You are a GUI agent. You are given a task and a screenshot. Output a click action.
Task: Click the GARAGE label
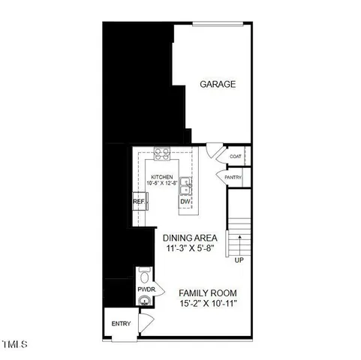218,84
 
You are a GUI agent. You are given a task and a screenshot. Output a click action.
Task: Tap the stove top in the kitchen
161,154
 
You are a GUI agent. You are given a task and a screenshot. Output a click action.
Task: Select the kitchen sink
185,185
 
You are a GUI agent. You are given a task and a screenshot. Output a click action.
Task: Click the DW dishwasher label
185,202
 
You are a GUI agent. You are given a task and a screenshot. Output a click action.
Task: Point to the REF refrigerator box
139,202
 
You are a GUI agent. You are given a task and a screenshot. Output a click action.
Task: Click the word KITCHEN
161,177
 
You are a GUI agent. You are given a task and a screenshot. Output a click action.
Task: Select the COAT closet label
235,157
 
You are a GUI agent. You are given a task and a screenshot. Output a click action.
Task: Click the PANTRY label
233,176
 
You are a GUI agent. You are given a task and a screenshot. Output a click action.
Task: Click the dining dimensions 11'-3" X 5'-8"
194,248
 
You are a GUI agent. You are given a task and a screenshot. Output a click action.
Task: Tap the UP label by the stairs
239,259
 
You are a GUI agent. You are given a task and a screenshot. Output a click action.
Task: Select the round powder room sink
144,301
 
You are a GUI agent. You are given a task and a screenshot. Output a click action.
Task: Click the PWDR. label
145,288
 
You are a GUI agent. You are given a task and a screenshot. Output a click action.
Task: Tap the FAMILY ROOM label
208,292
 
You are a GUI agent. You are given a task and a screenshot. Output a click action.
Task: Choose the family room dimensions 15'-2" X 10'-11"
208,304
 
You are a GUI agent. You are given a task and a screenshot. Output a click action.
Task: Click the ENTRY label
121,324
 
